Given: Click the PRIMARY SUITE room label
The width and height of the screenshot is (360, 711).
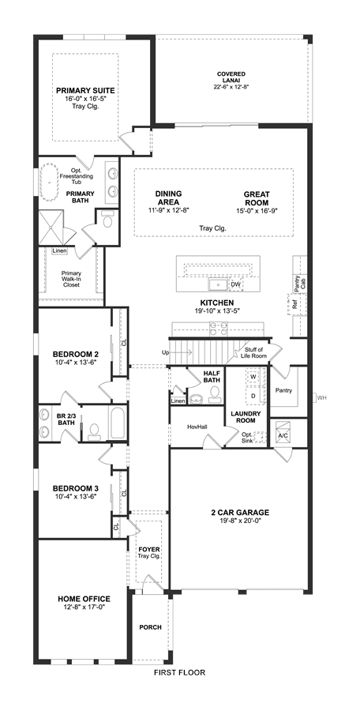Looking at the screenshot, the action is pyautogui.click(x=85, y=90).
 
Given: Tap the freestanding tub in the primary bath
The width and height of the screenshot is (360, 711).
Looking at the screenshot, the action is pyautogui.click(x=48, y=182).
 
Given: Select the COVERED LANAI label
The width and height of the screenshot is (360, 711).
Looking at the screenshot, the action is pyautogui.click(x=231, y=77).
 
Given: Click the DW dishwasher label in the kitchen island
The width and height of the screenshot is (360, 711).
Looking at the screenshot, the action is pyautogui.click(x=234, y=284).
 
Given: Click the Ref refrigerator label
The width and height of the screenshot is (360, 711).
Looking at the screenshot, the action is pyautogui.click(x=294, y=305).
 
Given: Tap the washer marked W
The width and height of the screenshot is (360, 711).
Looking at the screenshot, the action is pyautogui.click(x=253, y=377).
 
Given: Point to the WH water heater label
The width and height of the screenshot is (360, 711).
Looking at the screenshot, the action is pyautogui.click(x=321, y=398).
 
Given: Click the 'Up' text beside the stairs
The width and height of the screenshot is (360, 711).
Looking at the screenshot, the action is pyautogui.click(x=165, y=352).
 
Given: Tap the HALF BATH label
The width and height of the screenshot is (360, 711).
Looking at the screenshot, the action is pyautogui.click(x=212, y=377).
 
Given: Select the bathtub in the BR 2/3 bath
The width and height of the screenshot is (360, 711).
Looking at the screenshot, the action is pyautogui.click(x=117, y=423).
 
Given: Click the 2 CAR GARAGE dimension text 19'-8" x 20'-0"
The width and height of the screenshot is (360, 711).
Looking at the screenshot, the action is pyautogui.click(x=240, y=521).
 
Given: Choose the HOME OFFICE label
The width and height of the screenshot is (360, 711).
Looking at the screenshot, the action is pyautogui.click(x=84, y=599).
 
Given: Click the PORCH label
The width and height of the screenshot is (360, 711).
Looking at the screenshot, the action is pyautogui.click(x=150, y=627).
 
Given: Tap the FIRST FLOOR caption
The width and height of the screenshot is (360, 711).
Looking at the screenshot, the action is pyautogui.click(x=179, y=672).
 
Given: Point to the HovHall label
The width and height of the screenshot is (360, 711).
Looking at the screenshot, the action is pyautogui.click(x=197, y=427).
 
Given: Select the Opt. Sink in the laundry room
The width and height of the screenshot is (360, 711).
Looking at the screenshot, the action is pyautogui.click(x=260, y=437).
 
